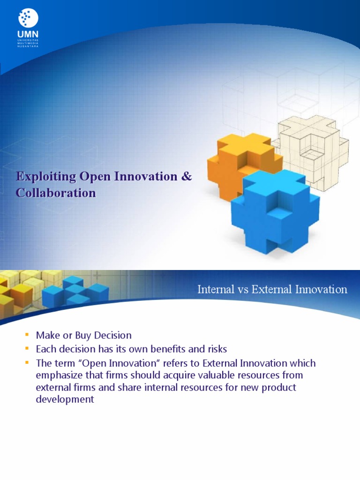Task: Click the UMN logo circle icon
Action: click(x=28, y=18)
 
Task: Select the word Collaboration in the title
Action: click(x=56, y=193)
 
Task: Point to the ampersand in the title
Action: click(x=186, y=177)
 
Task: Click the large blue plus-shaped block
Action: click(x=274, y=211)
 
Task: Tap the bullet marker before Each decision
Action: click(x=26, y=349)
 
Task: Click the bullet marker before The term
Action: click(x=26, y=363)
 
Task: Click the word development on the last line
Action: click(x=65, y=399)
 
